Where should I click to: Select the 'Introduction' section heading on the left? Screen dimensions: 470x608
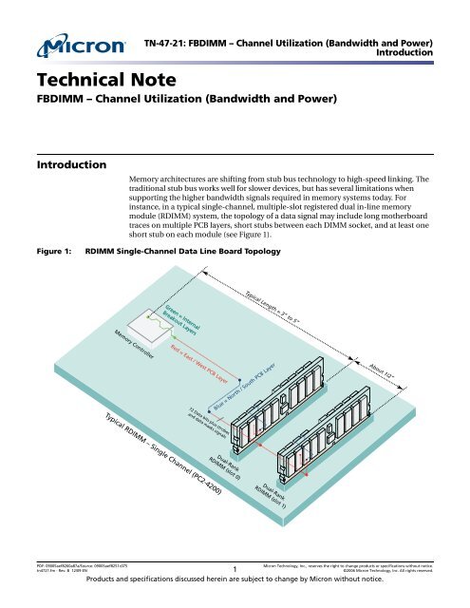[x=70, y=165]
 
